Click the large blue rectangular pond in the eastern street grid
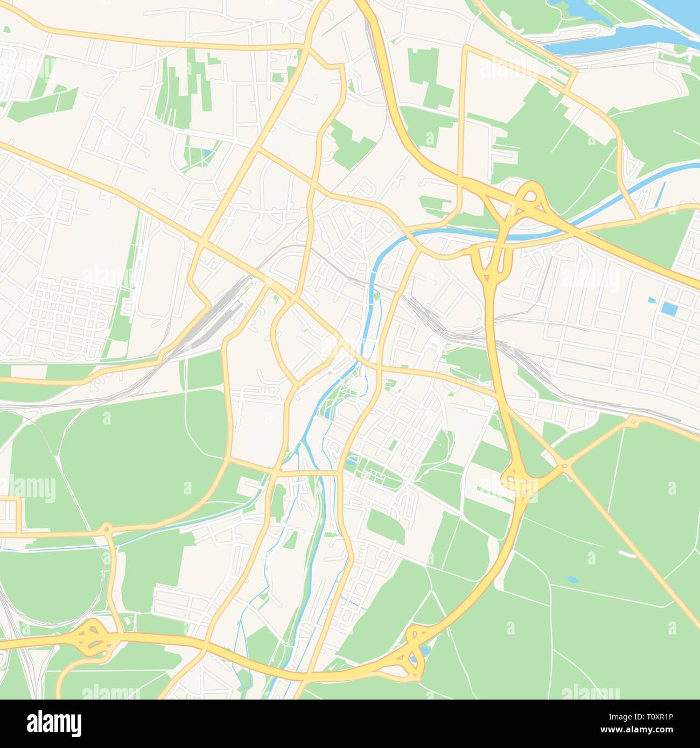click(x=669, y=309)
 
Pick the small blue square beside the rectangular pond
click(x=652, y=299)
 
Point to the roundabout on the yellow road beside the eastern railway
click(x=633, y=421)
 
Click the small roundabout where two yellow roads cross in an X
click(x=564, y=465)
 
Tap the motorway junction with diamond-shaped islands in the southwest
click(x=89, y=636)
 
